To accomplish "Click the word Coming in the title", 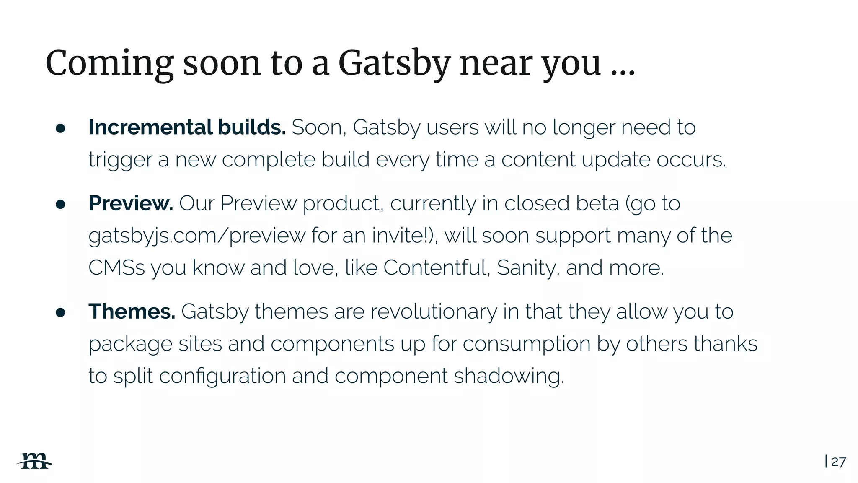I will tap(109, 64).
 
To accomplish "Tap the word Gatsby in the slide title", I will tap(393, 64).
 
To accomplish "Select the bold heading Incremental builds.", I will tap(187, 127).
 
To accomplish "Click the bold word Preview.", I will tap(131, 203).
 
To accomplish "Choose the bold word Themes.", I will tap(132, 312).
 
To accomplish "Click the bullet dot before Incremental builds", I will tap(60, 129).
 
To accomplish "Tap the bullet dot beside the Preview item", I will tap(60, 205).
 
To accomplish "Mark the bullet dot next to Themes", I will tap(60, 313).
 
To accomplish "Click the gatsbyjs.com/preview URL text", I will tap(197, 236).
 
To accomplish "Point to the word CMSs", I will tap(116, 267).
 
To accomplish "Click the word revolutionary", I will tap(434, 312).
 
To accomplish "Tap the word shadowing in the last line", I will tap(509, 376).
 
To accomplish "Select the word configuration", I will tap(222, 376).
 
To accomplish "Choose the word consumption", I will tap(527, 344).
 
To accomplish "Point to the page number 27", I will tap(838, 462).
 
